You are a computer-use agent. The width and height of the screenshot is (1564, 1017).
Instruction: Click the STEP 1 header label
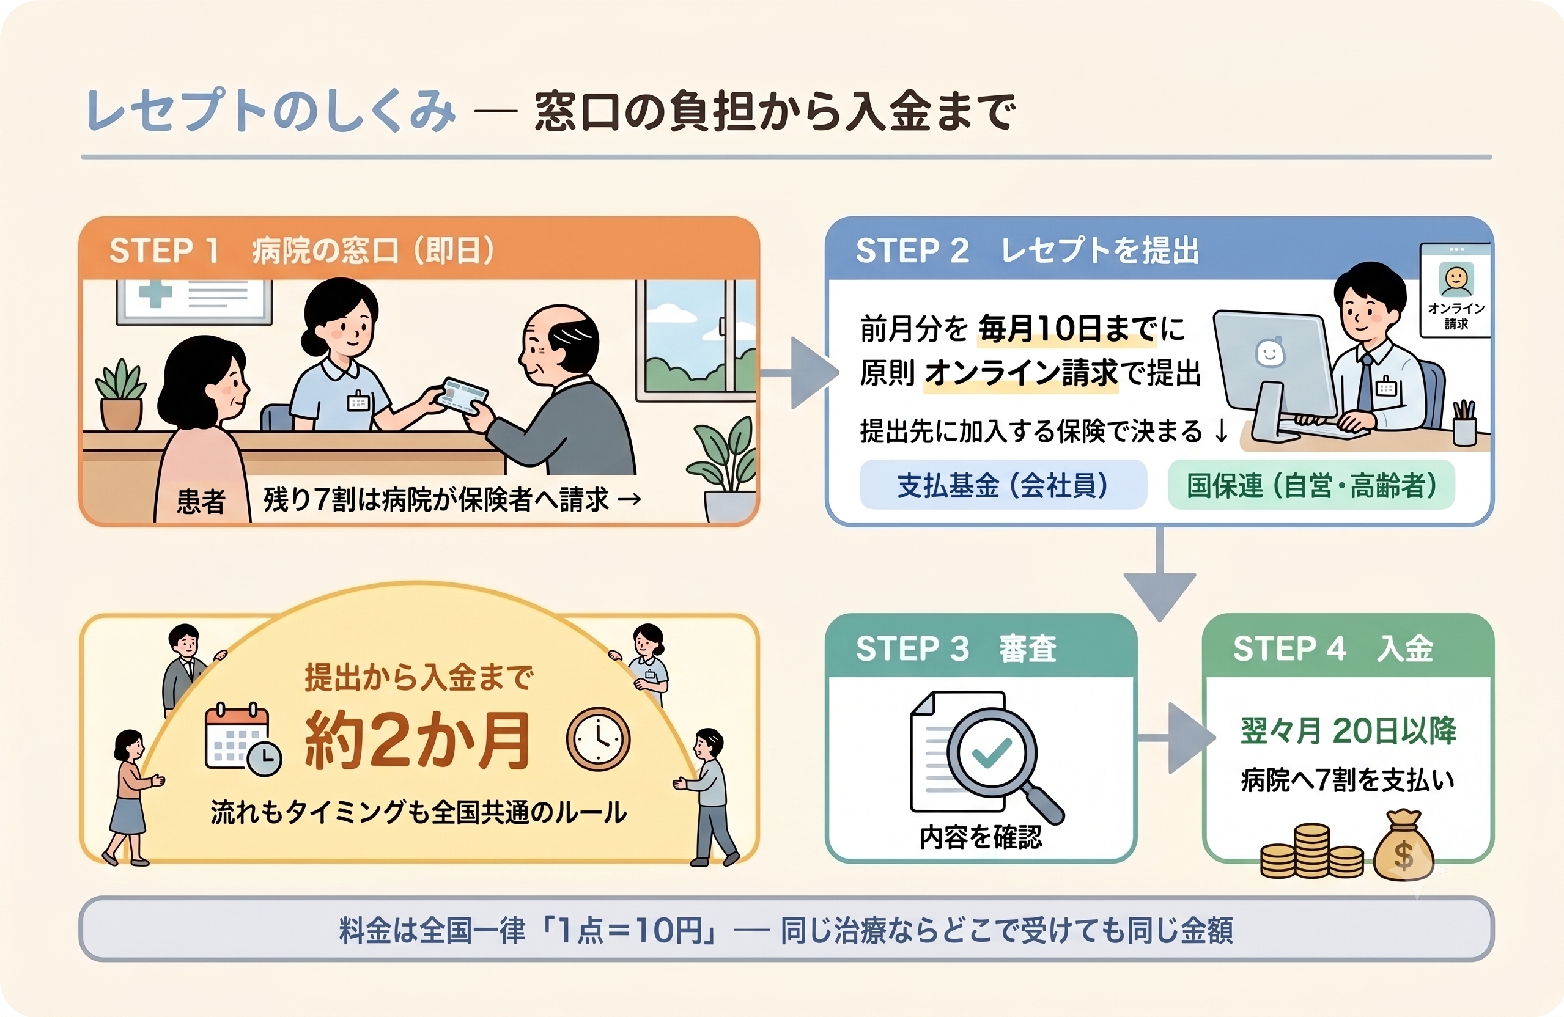(x=301, y=251)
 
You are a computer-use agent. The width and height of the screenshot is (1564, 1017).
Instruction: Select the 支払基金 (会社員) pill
(x=1003, y=485)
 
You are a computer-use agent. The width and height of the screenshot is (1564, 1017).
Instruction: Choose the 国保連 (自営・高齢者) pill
(x=1311, y=485)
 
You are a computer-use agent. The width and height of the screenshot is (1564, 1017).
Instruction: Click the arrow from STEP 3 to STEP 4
(x=1176, y=738)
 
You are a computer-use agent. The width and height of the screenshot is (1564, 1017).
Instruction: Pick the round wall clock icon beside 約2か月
(x=598, y=739)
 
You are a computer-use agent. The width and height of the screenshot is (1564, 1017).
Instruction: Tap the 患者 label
(x=201, y=501)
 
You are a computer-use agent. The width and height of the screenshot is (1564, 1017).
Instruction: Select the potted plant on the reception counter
(x=121, y=394)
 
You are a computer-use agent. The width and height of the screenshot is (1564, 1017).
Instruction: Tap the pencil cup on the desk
(x=1465, y=422)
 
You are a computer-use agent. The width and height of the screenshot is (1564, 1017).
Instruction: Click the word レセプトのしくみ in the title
(x=271, y=111)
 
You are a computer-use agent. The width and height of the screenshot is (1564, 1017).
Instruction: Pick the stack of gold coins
(x=1312, y=852)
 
